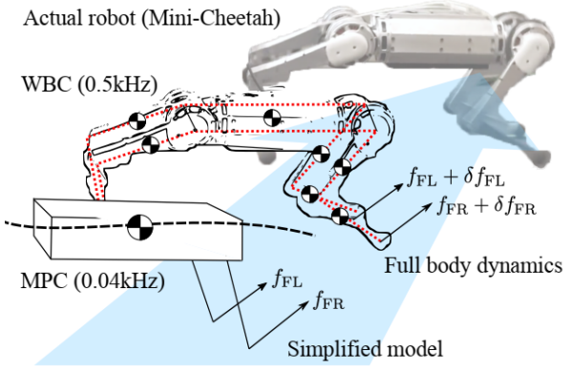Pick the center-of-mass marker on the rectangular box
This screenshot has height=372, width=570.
click(141, 227)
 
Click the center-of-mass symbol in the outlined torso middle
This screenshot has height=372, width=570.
click(270, 119)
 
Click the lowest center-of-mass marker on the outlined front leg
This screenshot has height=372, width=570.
click(340, 217)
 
